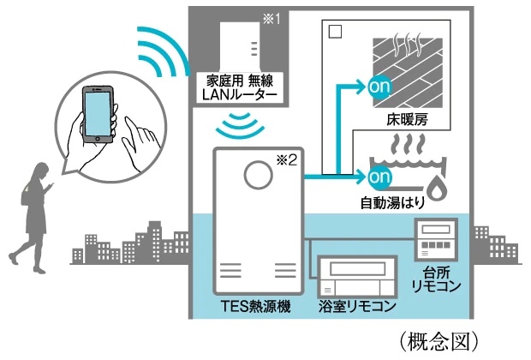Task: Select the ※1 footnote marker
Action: click(271, 19)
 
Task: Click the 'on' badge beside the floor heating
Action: click(379, 87)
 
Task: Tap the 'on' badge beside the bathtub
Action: click(379, 179)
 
